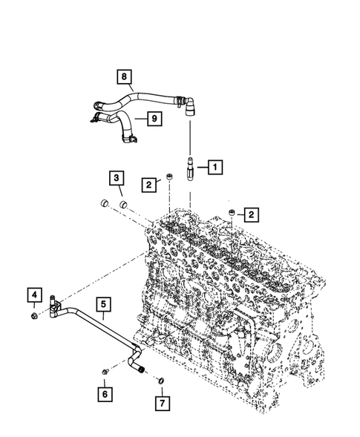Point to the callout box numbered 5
point(104,303)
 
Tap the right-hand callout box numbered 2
point(252,215)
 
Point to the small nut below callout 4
point(35,318)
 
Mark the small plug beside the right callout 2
point(232,214)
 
